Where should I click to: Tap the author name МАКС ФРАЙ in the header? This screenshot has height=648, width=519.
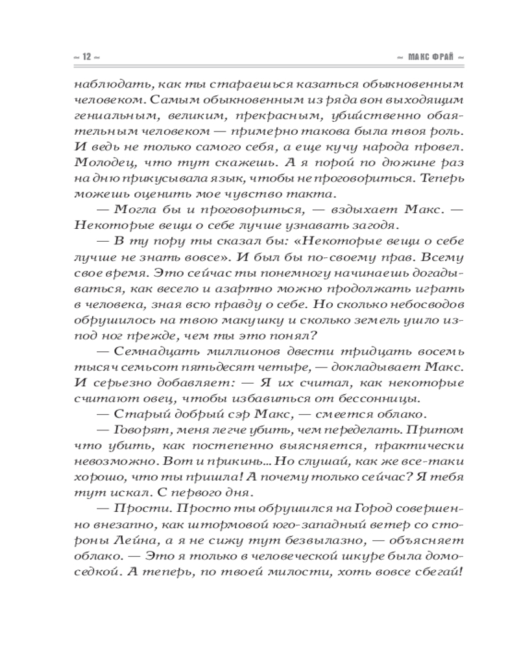coord(431,58)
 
